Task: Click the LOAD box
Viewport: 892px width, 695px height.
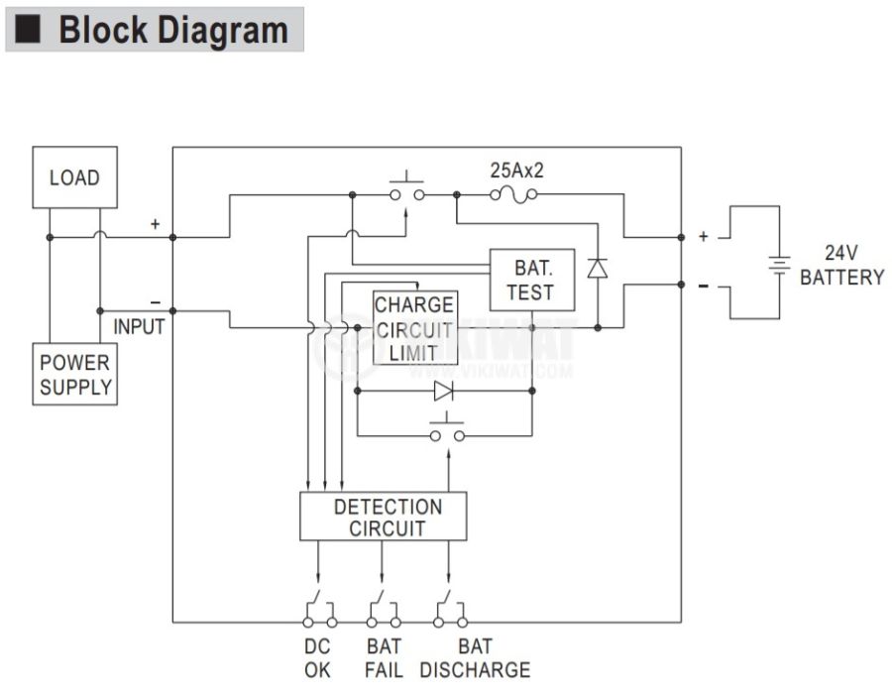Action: (x=74, y=177)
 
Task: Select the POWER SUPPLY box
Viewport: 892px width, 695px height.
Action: (x=74, y=374)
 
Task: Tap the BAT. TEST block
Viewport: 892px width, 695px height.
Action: (x=532, y=280)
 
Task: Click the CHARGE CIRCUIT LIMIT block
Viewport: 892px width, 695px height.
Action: (x=414, y=328)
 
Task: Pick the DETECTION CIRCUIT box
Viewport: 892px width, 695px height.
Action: (x=383, y=517)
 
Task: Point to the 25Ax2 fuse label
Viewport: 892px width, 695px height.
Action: (x=516, y=171)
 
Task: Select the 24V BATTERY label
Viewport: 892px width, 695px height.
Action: (x=840, y=265)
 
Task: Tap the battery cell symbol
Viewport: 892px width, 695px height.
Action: (x=781, y=265)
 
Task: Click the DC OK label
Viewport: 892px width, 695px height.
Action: (x=317, y=658)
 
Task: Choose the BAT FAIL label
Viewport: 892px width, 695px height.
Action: (x=384, y=658)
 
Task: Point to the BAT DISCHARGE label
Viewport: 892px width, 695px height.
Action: (x=475, y=658)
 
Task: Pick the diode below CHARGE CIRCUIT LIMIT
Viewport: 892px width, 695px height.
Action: (x=443, y=391)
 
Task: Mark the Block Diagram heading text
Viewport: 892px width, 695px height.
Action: (x=172, y=30)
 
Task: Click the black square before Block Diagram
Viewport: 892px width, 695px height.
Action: (x=29, y=30)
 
